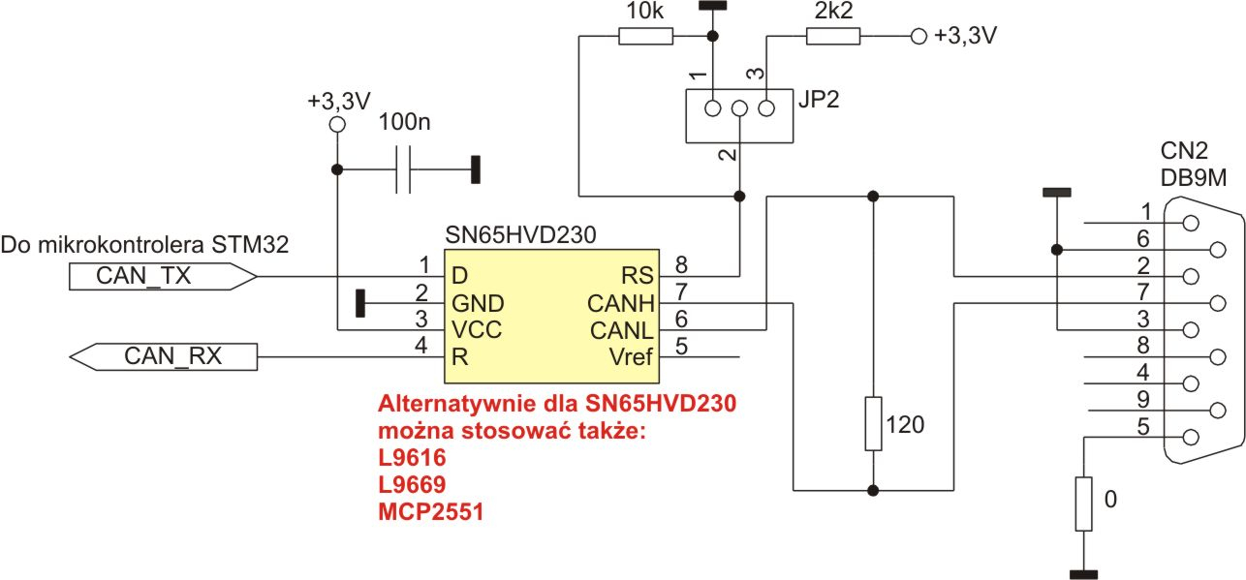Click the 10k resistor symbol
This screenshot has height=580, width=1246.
pyautogui.click(x=645, y=37)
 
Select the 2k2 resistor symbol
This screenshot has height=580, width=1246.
pyautogui.click(x=832, y=37)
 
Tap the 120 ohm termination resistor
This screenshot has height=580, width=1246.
pyautogui.click(x=874, y=423)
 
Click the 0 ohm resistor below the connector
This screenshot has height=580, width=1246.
pyautogui.click(x=1084, y=504)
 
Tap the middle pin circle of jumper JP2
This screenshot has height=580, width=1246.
pyautogui.click(x=739, y=108)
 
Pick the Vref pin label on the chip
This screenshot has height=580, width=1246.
pyautogui.click(x=631, y=357)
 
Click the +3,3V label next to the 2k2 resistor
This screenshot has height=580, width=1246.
pyautogui.click(x=965, y=37)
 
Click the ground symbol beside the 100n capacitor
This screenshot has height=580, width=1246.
pyautogui.click(x=475, y=170)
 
